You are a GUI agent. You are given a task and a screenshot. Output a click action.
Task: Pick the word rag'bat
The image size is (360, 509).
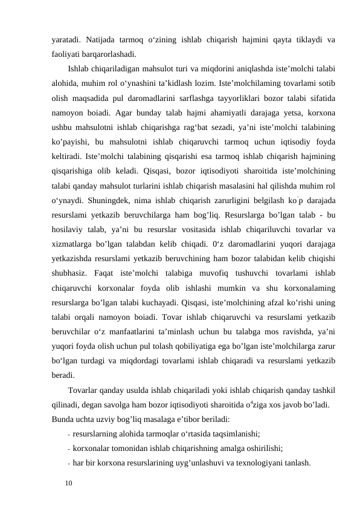[202, 127]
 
